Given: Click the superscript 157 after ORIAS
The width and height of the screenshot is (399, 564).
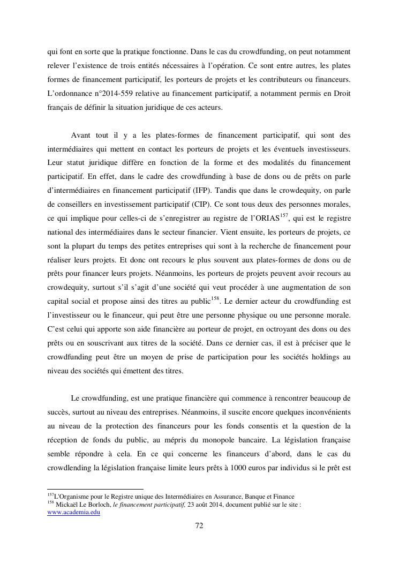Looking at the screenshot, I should coord(284,215).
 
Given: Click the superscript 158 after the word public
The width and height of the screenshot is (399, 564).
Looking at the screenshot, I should coord(215,298).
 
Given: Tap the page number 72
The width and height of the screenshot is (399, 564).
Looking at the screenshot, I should coord(199,525).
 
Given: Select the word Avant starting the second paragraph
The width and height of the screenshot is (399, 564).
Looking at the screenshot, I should coord(81,134).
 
